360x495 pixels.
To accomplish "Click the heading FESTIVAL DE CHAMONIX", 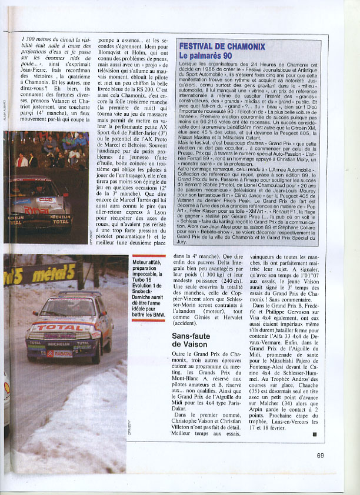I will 222,46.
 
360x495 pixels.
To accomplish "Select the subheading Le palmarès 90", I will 207,56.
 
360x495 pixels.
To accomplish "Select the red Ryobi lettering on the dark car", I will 36,209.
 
